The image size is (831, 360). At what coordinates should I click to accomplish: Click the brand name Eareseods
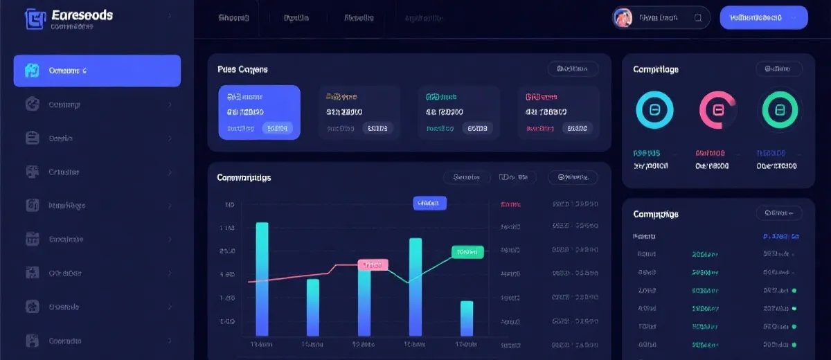click(82, 15)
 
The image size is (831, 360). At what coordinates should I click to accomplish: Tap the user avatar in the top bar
click(623, 18)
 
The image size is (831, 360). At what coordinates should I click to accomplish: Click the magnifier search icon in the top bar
click(698, 18)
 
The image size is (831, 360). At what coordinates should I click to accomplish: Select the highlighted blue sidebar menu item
click(97, 71)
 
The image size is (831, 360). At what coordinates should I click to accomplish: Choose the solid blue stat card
click(259, 112)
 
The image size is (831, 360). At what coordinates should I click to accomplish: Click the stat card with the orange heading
click(359, 112)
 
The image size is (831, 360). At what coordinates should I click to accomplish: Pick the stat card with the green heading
click(458, 112)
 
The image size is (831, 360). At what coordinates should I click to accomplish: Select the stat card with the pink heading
click(558, 112)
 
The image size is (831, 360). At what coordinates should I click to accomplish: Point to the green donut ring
click(780, 109)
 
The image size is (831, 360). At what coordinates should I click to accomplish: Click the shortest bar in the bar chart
click(467, 318)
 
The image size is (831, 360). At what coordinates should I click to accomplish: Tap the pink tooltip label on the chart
click(373, 264)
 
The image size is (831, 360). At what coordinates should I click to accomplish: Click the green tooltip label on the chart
click(467, 252)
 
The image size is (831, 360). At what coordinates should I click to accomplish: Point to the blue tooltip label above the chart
click(429, 203)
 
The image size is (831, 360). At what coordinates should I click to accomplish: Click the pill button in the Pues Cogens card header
click(573, 69)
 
